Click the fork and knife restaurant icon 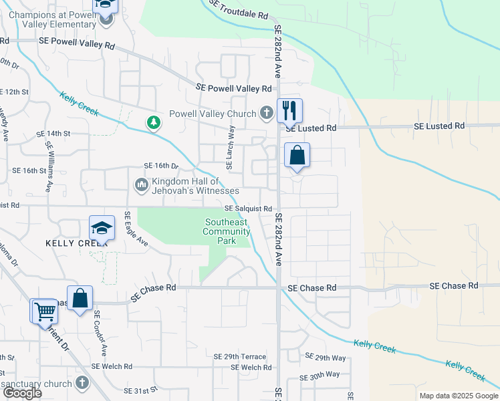pos(289,110)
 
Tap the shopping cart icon pos(44,311)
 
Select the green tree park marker pos(154,122)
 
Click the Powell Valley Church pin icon pos(267,113)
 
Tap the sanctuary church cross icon pos(82,383)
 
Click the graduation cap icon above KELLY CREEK pos(102,227)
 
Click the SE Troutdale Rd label pos(238,9)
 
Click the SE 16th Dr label pos(161,165)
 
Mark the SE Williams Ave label pos(49,165)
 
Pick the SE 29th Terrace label pos(239,357)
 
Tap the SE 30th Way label pos(320,376)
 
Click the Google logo pos(23,394)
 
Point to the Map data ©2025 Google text pos(459,396)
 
